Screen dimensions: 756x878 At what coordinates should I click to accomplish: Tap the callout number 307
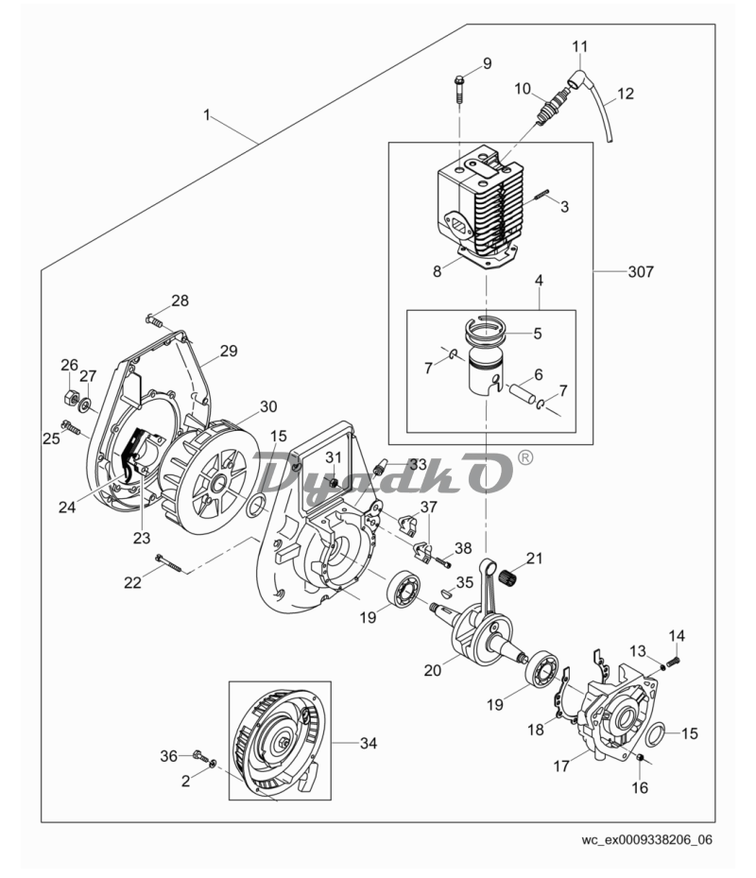pos(641,271)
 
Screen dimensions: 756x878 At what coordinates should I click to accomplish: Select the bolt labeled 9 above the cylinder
pos(458,89)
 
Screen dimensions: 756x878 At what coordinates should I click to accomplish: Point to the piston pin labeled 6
pos(522,394)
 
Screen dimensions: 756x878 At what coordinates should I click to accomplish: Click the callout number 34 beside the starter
pos(368,744)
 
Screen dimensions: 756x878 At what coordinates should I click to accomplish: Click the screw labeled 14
pos(674,662)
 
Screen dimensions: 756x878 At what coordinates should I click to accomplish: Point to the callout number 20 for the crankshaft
pos(432,670)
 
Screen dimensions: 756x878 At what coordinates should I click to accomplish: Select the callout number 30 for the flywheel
pos(268,407)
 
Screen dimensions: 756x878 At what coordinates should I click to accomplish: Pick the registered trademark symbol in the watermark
pos(525,458)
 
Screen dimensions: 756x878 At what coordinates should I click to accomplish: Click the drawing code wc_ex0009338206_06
pos(647,839)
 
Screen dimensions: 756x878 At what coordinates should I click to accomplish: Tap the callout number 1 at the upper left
pos(207,114)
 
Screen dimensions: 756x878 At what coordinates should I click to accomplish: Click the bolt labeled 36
pos(199,755)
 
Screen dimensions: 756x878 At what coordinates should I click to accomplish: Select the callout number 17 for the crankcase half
pos(561,766)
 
